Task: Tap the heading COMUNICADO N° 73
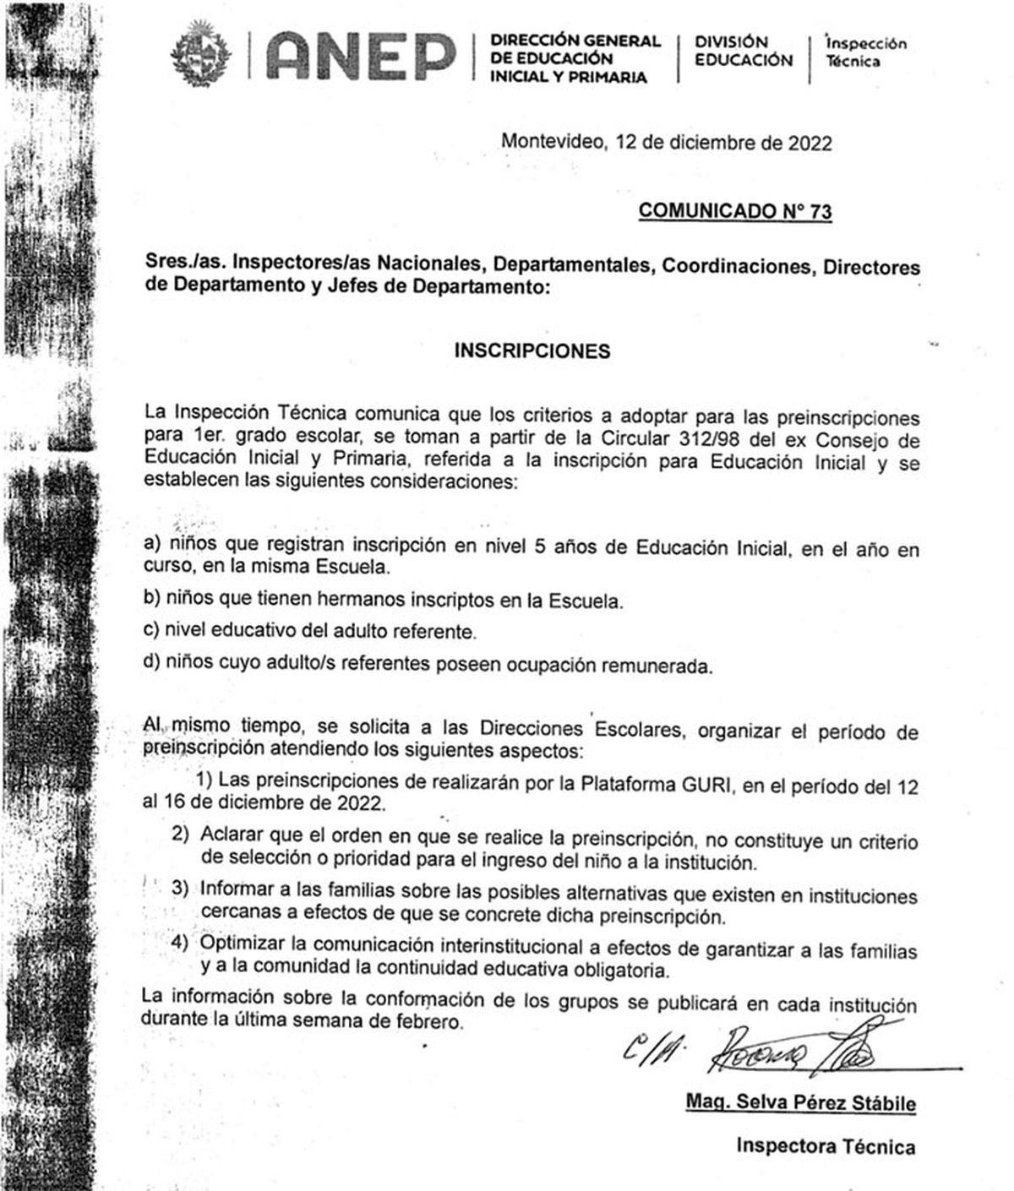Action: (734, 210)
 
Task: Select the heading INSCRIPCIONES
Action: (532, 351)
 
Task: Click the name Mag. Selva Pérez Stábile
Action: (800, 1103)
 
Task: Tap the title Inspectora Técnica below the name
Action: (825, 1145)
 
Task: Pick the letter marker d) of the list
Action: (152, 661)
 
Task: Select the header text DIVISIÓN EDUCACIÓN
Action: (744, 51)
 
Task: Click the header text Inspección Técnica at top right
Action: (864, 52)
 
